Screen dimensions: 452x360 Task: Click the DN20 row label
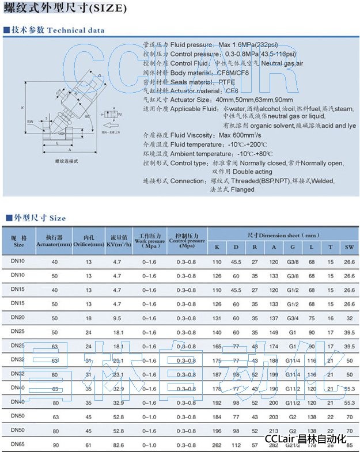tap(17, 317)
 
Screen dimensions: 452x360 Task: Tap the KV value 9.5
tap(118, 317)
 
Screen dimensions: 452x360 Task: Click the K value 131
tap(217, 317)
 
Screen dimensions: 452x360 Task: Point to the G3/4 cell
tap(294, 317)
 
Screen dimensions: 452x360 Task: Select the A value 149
tap(274, 332)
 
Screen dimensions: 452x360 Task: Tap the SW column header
tap(348, 247)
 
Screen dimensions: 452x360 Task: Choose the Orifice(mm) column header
tap(88, 241)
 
